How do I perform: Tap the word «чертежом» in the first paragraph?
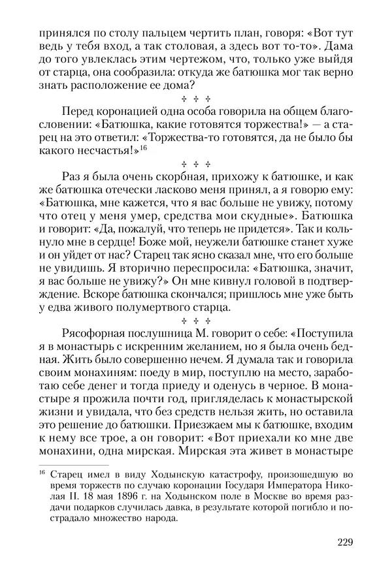(x=186, y=63)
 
